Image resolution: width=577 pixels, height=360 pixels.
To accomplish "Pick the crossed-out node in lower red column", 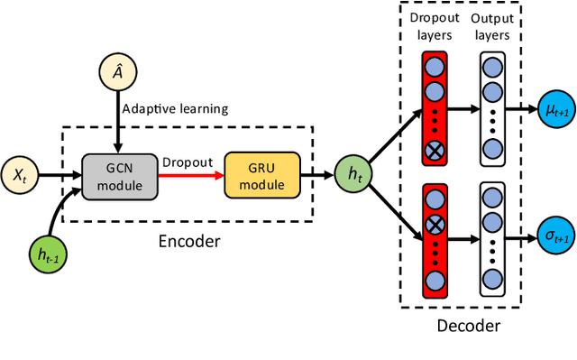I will pos(435,221).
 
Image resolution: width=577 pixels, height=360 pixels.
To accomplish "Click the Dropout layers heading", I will pos(435,24).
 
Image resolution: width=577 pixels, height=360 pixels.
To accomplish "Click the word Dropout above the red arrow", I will pos(187,162).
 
